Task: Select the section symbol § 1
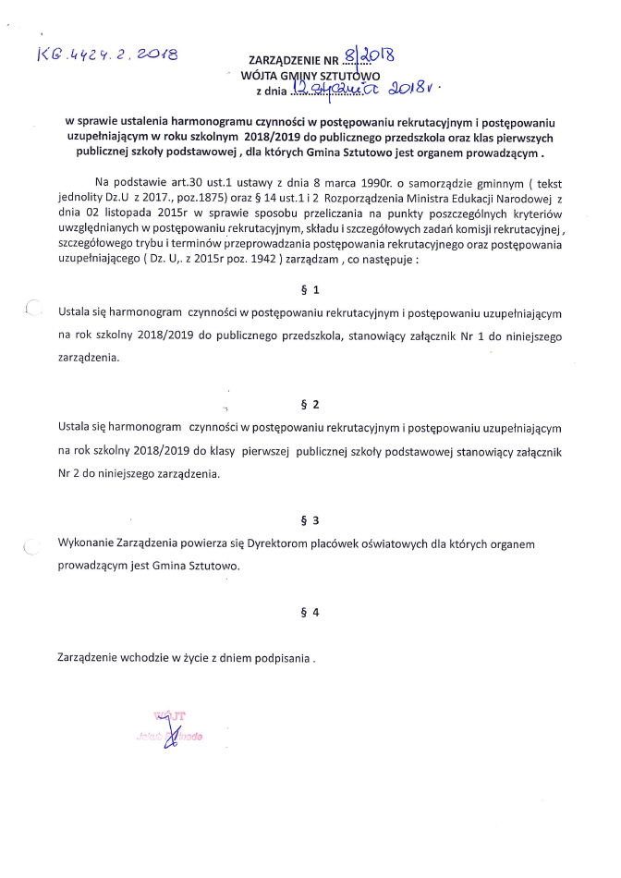pos(310,290)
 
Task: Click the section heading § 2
pos(310,405)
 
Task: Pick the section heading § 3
pos(310,520)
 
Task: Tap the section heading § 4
pos(310,612)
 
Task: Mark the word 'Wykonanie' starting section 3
pos(85,544)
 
